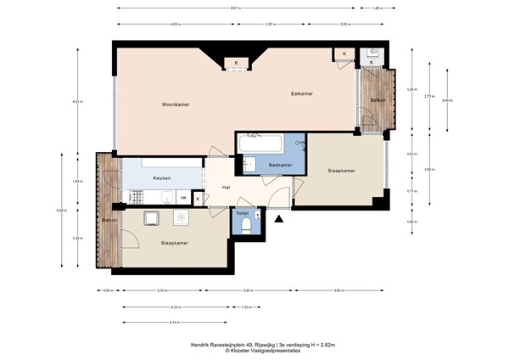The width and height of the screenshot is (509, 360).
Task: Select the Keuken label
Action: tap(162, 178)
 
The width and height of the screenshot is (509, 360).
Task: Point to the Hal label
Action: tap(227, 188)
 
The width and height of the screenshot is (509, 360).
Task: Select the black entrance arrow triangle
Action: tap(279, 219)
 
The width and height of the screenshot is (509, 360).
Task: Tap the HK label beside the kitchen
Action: tap(183, 198)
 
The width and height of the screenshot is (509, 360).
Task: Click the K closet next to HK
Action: tap(198, 198)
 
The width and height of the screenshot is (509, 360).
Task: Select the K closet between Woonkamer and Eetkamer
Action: tap(236, 62)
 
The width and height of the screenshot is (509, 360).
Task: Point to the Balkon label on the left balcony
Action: tap(109, 220)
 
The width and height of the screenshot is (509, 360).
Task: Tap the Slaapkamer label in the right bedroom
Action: tap(341, 171)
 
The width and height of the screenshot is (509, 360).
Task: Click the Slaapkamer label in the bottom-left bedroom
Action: tap(174, 243)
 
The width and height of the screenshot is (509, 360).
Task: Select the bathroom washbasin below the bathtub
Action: tap(250, 163)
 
